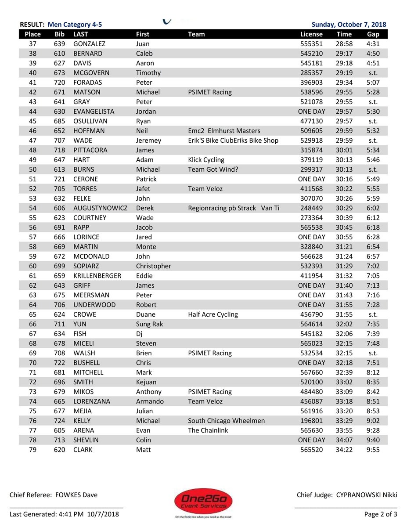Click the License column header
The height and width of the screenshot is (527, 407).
(311, 34)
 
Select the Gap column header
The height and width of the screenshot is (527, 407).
(373, 34)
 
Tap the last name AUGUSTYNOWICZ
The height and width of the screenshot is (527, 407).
(100, 208)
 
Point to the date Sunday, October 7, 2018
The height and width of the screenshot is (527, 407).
(349, 25)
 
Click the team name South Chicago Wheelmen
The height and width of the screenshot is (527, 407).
(226, 421)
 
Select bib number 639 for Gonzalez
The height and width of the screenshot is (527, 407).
(59, 44)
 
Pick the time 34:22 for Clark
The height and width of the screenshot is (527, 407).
(344, 450)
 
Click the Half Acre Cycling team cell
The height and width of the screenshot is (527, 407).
(213, 314)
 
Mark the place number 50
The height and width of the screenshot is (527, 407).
(33, 170)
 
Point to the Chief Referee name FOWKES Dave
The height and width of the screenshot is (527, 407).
(76, 495)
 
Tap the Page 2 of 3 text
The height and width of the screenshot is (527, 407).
(380, 514)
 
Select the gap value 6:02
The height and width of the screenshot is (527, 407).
(373, 208)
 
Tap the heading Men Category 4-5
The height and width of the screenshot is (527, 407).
(75, 25)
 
